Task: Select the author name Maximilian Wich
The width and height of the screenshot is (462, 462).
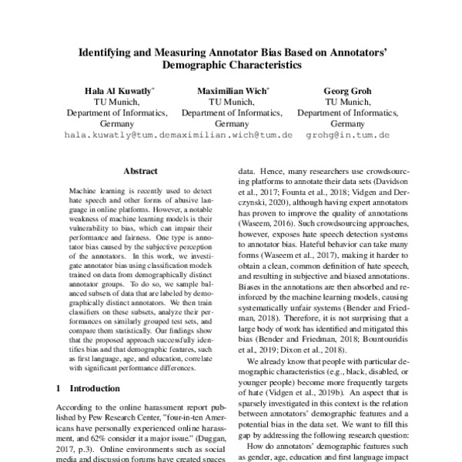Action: tap(231, 90)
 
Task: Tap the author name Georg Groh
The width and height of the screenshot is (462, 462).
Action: tap(346, 90)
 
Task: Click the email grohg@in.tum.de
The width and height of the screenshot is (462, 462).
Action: tap(346, 134)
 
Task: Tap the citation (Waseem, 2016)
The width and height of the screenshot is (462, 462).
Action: tap(266, 221)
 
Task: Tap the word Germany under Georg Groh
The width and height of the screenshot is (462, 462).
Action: tap(346, 122)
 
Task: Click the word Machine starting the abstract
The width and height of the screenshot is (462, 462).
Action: tap(84, 189)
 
